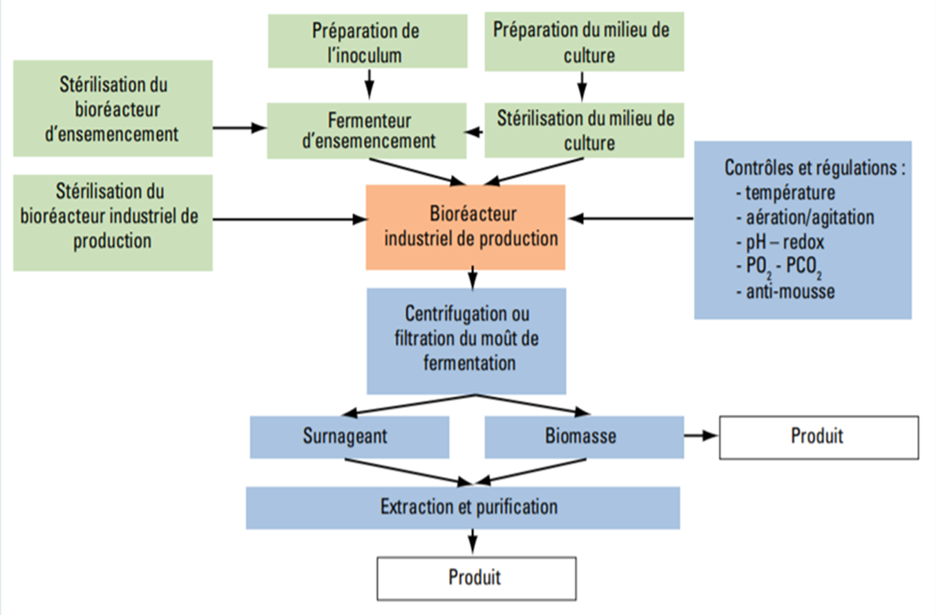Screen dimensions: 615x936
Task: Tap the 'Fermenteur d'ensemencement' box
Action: pyautogui.click(x=367, y=130)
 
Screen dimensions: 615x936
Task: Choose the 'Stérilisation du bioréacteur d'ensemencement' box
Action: pyautogui.click(x=113, y=109)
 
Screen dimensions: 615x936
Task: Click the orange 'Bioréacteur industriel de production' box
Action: pyautogui.click(x=466, y=227)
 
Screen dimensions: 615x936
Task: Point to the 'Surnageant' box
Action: pyautogui.click(x=350, y=437)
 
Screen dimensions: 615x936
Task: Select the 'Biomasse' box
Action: pyautogui.click(x=584, y=437)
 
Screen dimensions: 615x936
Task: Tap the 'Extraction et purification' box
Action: pyautogui.click(x=463, y=507)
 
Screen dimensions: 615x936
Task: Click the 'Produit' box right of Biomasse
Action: pyautogui.click(x=819, y=437)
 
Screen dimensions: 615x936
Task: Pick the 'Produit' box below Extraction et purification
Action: pyautogui.click(x=476, y=577)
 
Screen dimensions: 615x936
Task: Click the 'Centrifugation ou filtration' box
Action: pyautogui.click(x=466, y=340)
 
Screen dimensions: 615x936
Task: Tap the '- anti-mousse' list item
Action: pyautogui.click(x=785, y=291)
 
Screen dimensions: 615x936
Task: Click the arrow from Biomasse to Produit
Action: pyautogui.click(x=701, y=437)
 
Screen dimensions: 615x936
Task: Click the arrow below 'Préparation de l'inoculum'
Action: pyautogui.click(x=369, y=86)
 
